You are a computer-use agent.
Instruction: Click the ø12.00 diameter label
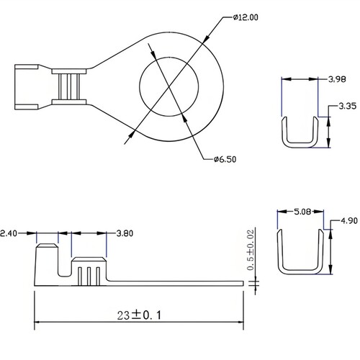[x=246, y=17]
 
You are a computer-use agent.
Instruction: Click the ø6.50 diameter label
[x=225, y=159]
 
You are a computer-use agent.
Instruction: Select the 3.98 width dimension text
[x=337, y=79]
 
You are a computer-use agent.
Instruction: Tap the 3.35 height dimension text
[x=347, y=106]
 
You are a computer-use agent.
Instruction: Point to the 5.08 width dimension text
[x=302, y=212]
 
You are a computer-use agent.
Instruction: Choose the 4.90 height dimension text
[x=349, y=220]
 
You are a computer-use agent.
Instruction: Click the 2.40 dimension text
[x=9, y=233]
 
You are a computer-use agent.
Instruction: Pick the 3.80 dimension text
[x=125, y=233]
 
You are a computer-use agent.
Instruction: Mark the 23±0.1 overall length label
[x=139, y=315]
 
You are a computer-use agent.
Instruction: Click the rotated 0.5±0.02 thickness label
[x=251, y=250]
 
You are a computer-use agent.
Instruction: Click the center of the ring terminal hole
[x=169, y=86]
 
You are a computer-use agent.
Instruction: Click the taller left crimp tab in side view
[x=47, y=264]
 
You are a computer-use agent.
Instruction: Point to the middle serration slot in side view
[x=89, y=276]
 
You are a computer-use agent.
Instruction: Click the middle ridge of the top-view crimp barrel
[x=69, y=86]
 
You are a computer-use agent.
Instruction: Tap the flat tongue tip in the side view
[x=243, y=283]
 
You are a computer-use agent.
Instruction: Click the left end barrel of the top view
[x=27, y=87]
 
